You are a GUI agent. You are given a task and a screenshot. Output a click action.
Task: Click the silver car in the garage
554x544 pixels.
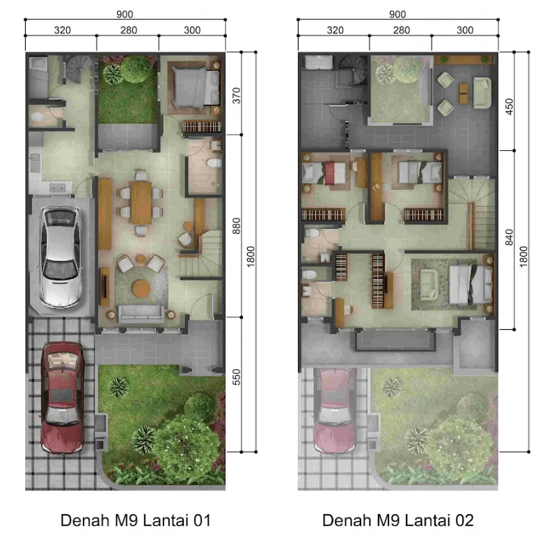[x=61, y=257]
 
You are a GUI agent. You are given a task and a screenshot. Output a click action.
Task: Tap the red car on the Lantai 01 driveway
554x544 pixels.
[x=62, y=398]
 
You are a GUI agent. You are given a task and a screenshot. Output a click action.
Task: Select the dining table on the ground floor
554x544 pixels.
[x=141, y=202]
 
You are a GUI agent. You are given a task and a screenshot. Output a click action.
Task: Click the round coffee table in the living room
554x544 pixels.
[x=141, y=288]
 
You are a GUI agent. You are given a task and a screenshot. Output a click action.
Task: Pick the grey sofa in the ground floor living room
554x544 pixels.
[x=141, y=314]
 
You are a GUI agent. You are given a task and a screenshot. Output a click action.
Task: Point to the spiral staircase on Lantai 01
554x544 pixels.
[x=80, y=69]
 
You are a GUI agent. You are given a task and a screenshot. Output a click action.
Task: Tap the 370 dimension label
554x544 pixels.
[x=237, y=95]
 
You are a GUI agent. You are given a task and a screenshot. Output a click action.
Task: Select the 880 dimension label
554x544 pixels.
[x=237, y=226]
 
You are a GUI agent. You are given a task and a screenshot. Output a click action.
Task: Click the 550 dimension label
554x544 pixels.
[x=237, y=377]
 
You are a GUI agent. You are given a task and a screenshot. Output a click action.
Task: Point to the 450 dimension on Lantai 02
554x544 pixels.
[x=509, y=106]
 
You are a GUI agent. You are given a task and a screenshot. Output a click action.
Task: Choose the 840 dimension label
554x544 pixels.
[x=509, y=237]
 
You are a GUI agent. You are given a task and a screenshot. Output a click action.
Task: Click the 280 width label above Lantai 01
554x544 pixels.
[x=129, y=31]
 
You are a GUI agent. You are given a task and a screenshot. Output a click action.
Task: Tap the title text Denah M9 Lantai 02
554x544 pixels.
[x=398, y=520]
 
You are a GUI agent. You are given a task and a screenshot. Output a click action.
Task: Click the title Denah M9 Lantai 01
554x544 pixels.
[x=136, y=520]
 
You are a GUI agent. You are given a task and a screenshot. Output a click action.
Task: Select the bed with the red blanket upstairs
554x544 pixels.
[x=324, y=173]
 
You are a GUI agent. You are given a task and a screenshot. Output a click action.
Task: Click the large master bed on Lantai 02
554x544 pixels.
[x=470, y=285]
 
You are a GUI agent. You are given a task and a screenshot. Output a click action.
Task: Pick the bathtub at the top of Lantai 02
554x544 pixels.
[x=319, y=62]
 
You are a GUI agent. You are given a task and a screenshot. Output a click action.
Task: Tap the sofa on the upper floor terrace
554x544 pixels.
[x=482, y=93]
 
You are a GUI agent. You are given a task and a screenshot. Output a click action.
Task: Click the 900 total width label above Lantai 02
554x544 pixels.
[x=397, y=15]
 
